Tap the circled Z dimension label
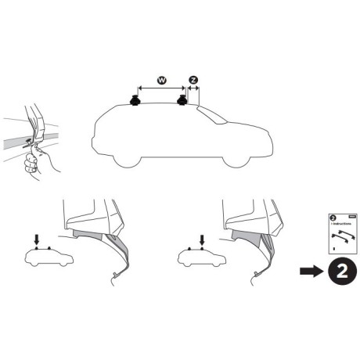coord(193,81)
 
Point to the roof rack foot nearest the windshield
coord(185,102)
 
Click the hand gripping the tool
coord(33,160)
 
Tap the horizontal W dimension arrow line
coord(160,88)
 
